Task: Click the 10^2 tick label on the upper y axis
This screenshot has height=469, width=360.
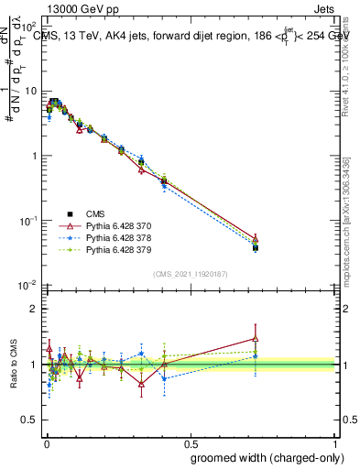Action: click(29, 27)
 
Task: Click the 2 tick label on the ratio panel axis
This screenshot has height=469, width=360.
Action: click(34, 309)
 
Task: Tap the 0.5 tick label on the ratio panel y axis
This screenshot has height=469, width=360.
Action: click(29, 421)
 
